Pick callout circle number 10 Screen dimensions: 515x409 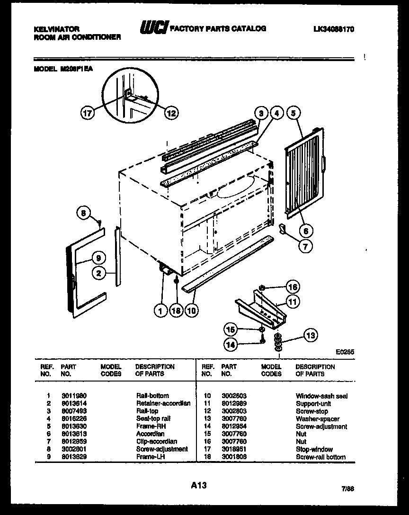coord(192,311)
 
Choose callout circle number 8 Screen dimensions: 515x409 coord(83,213)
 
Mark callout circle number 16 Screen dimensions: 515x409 coord(293,287)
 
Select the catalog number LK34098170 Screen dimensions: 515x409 coord(334,29)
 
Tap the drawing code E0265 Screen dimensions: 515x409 coord(345,352)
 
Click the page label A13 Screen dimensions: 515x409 coord(199,485)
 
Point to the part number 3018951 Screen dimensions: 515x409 coord(233,449)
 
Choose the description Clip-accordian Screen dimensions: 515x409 coord(156,442)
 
